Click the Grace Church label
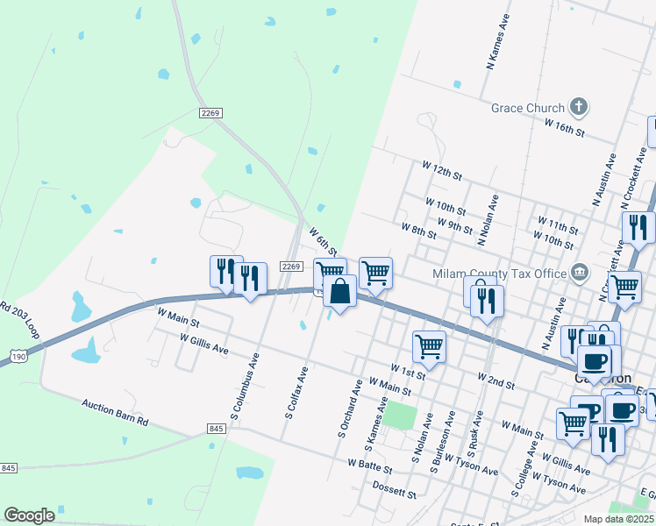point(528,108)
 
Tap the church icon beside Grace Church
point(578,108)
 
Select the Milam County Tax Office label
point(500,274)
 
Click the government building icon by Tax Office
point(578,273)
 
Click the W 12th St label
point(441,168)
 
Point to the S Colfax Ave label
point(296,392)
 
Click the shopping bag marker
point(340,290)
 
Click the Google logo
point(29,515)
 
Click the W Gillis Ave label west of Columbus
point(203,343)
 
